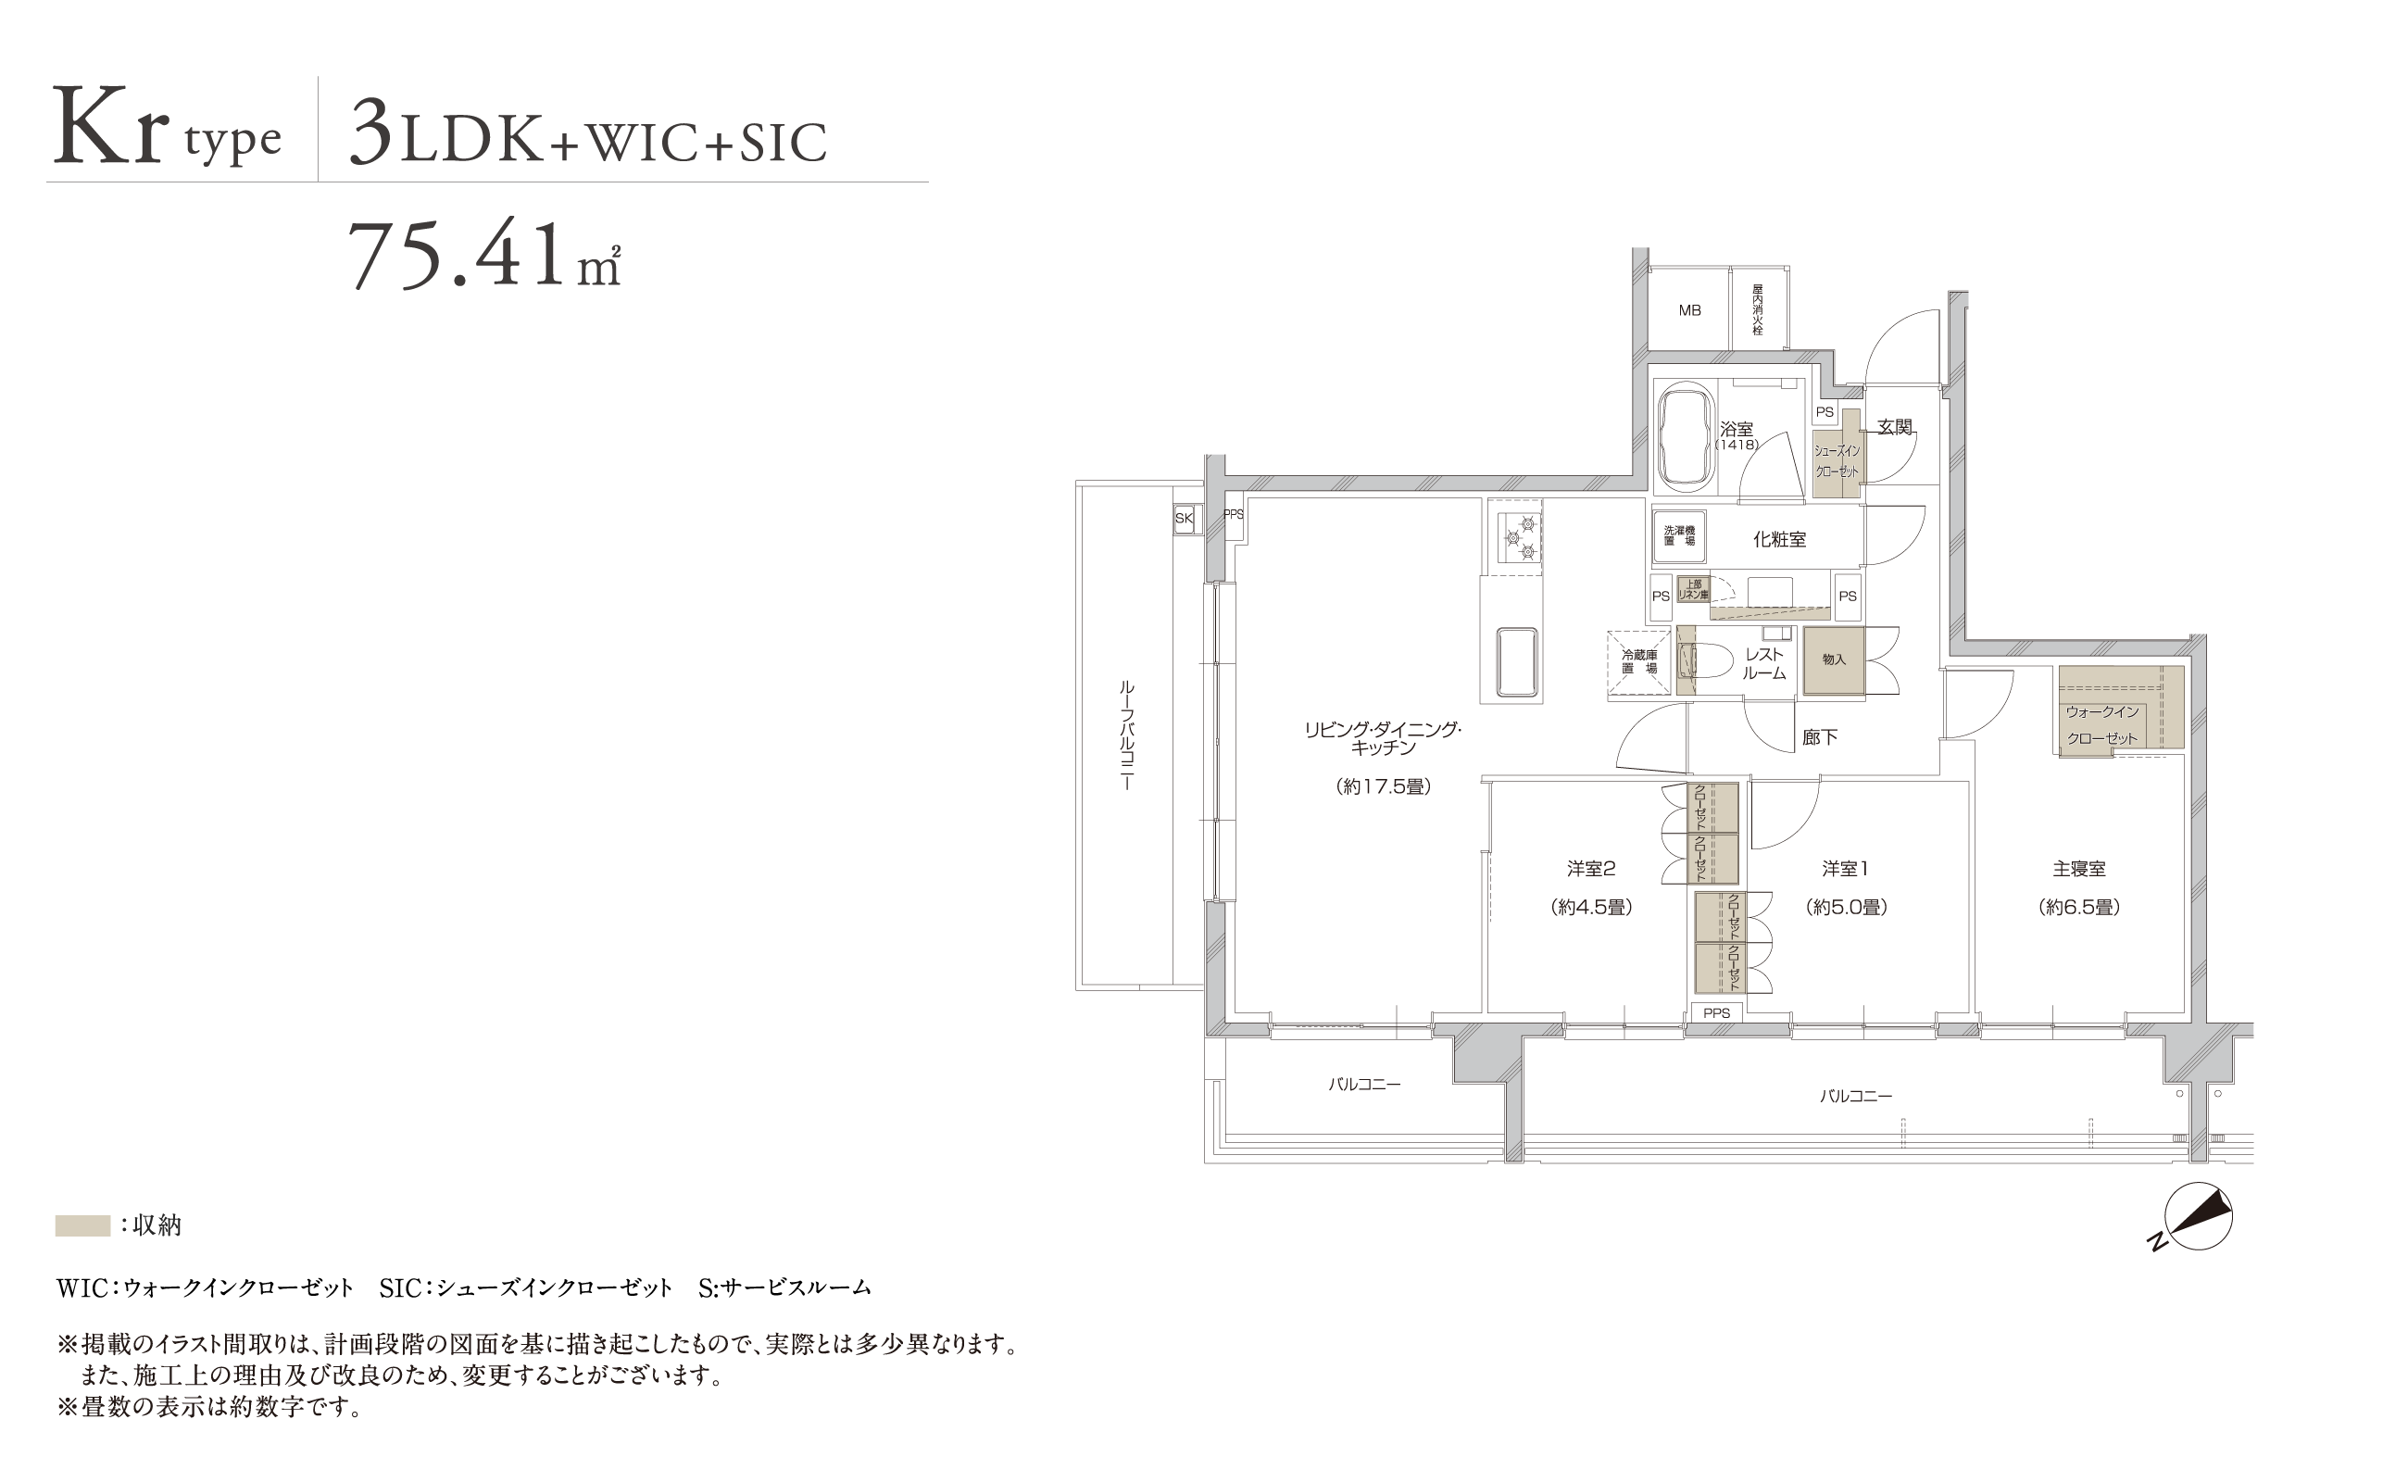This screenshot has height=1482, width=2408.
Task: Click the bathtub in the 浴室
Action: coord(1685,437)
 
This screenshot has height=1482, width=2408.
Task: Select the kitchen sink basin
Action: coord(1516,662)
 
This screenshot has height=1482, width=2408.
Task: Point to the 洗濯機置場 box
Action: coord(1679,536)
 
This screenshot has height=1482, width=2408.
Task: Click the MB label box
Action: coord(1689,309)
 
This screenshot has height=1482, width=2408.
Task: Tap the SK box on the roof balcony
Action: coord(1184,519)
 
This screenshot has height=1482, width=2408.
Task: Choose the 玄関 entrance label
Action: coord(1895,427)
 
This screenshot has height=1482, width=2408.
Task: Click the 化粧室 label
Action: coord(1779,539)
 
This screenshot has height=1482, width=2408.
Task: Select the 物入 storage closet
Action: coord(1833,660)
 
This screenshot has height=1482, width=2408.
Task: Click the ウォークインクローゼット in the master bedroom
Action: coord(2121,708)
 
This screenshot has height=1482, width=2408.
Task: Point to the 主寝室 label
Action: coord(2078,869)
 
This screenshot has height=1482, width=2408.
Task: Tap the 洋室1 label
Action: coord(1846,869)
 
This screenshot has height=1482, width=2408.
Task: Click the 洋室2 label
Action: coord(1590,869)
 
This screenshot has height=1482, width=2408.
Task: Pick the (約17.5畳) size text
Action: coord(1384,786)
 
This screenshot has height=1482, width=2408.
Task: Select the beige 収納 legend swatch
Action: coord(82,1225)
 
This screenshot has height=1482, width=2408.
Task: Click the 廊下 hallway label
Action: coord(1819,737)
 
